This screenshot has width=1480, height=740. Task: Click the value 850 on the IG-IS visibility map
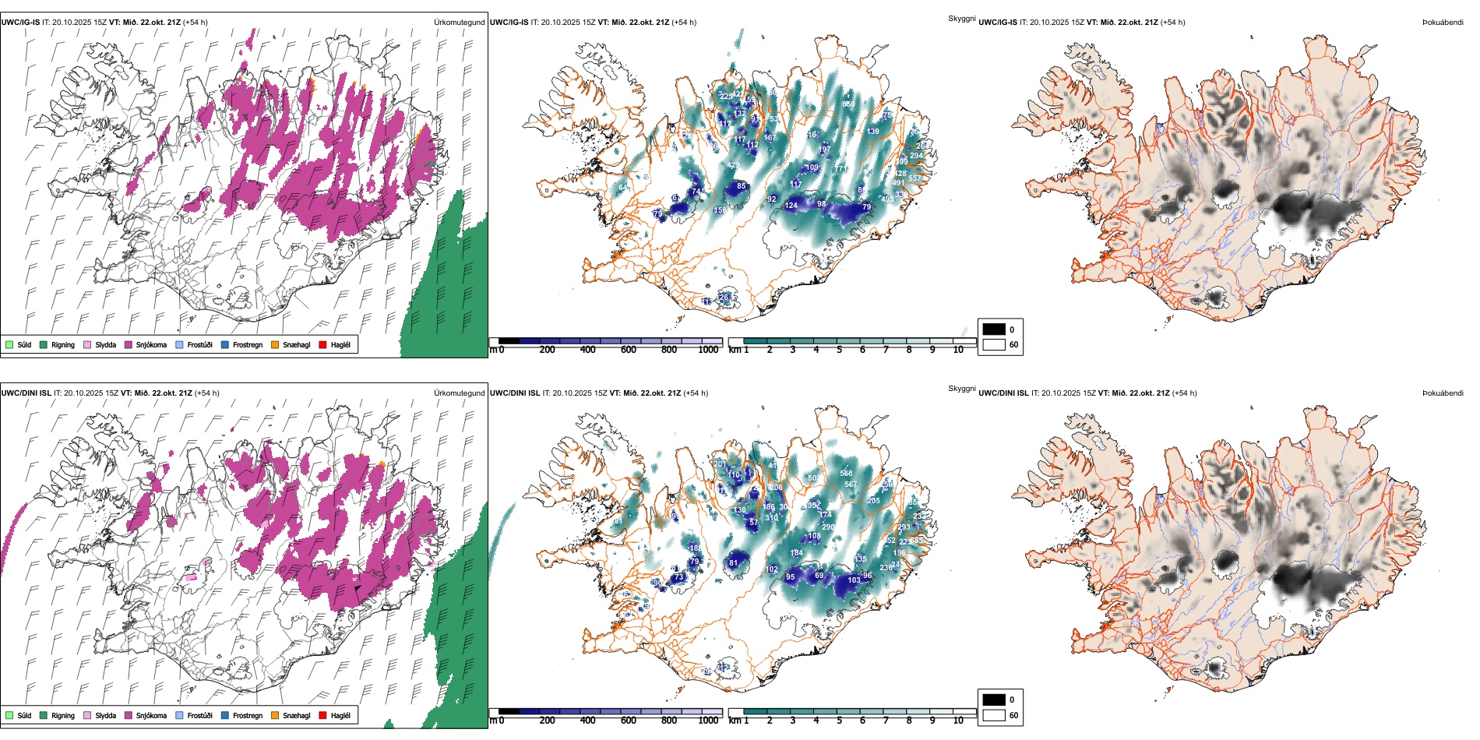click(x=848, y=104)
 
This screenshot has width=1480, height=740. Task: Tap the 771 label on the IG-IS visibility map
click(x=842, y=168)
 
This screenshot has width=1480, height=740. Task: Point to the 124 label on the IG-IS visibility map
click(x=791, y=206)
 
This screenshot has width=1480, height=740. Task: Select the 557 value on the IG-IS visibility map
click(x=914, y=178)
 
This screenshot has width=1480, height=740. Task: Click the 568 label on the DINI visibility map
click(x=846, y=473)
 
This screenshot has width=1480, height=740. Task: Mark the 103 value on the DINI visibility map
click(x=854, y=580)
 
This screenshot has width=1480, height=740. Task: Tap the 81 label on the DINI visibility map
click(x=733, y=562)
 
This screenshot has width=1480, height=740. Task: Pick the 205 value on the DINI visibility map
click(x=873, y=501)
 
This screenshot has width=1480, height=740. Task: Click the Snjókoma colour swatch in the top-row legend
click(x=128, y=344)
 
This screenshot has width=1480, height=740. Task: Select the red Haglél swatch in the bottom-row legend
click(x=322, y=715)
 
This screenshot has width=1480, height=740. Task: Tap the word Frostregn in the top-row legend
click(x=248, y=344)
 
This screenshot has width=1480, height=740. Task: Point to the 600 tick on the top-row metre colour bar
click(x=629, y=350)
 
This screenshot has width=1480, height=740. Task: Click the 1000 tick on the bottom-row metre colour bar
click(x=708, y=721)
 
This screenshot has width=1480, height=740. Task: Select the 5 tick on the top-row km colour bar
click(x=840, y=350)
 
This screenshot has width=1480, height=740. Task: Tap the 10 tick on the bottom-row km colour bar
click(x=958, y=721)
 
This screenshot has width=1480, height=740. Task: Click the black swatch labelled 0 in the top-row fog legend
click(x=994, y=329)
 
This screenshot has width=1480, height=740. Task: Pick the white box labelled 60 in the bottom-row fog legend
click(x=994, y=715)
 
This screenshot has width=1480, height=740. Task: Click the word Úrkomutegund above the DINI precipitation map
click(x=459, y=393)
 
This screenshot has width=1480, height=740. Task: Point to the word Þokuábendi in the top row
click(x=1443, y=23)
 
